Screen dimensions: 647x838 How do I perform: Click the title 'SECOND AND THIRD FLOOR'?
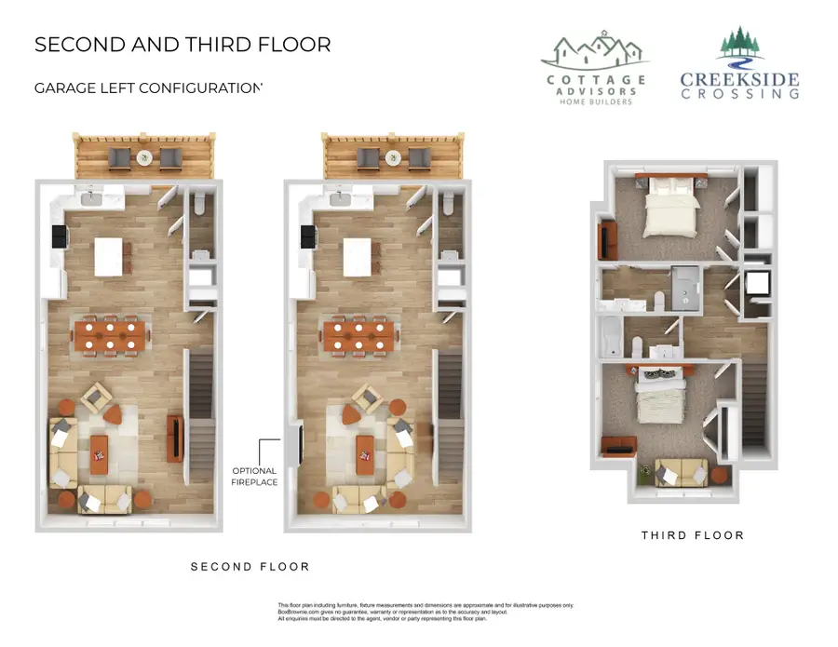click(x=182, y=45)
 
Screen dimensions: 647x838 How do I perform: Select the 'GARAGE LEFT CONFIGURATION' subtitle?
click(x=149, y=88)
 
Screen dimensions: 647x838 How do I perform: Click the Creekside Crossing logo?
click(x=739, y=65)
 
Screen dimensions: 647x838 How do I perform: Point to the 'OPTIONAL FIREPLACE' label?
click(x=255, y=476)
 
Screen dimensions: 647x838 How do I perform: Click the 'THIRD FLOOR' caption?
click(x=693, y=535)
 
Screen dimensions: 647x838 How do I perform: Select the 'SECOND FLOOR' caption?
click(x=250, y=566)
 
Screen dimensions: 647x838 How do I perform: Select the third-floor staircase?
click(x=755, y=405)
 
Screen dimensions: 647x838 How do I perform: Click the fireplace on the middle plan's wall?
click(x=297, y=446)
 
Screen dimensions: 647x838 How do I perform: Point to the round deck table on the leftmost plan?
click(x=143, y=158)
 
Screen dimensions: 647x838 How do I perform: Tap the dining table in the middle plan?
click(x=358, y=336)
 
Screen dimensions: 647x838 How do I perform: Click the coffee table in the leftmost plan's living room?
click(x=100, y=454)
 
